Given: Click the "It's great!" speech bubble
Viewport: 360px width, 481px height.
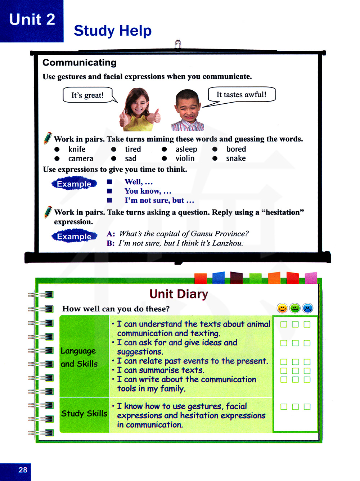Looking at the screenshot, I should [x=87, y=95].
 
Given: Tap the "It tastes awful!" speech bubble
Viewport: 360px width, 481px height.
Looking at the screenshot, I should [x=242, y=95].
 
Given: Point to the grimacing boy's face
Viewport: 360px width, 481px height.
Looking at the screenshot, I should [x=188, y=108].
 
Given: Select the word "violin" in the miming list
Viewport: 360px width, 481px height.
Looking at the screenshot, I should [x=185, y=158].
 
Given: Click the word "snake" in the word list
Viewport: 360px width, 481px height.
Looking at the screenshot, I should [x=236, y=158].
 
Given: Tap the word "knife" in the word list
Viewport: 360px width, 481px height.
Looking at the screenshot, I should [x=77, y=149].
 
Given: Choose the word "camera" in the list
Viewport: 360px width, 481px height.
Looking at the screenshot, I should [x=81, y=158].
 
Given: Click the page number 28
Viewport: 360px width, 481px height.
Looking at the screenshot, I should [x=23, y=470].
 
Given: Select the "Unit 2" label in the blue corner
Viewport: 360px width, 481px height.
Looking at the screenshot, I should [x=32, y=19].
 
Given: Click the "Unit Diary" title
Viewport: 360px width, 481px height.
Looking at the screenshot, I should [x=179, y=294].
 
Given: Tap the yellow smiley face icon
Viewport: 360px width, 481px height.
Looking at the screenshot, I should [x=282, y=308].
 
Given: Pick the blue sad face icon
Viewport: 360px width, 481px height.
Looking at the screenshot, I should [x=308, y=308].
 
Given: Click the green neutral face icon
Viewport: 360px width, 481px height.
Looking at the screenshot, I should [x=295, y=308].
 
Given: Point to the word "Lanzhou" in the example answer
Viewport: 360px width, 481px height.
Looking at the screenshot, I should [x=227, y=243].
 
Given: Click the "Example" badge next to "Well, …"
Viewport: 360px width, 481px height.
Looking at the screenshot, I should [x=74, y=184].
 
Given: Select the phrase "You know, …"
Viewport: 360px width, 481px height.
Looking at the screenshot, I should [x=148, y=191].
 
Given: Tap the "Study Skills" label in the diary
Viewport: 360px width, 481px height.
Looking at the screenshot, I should [x=84, y=413].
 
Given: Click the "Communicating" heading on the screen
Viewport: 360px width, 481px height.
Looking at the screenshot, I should [x=80, y=63].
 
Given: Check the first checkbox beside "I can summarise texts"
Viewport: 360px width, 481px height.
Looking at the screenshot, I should [x=284, y=370].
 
